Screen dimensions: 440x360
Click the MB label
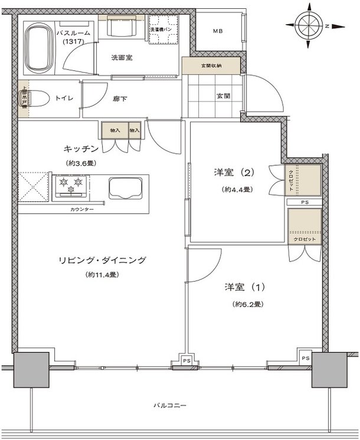pos(218,31)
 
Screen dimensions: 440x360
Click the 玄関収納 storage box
pos(211,64)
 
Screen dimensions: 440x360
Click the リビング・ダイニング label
pos(102,260)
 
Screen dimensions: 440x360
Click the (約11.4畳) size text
pos(101,275)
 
